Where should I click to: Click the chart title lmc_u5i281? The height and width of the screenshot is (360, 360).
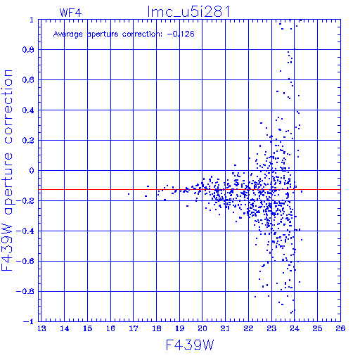pos(188,12)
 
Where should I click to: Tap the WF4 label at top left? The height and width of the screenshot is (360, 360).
pos(70,13)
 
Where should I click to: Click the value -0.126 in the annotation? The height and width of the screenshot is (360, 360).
pos(181,34)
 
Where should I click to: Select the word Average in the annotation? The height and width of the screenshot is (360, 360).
pos(67,34)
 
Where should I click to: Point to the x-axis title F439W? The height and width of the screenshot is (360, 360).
pos(190,345)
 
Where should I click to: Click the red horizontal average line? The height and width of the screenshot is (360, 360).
pos(189,189)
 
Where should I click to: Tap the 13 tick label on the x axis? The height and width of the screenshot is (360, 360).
pos(41,328)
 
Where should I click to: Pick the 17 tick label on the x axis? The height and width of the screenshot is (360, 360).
pos(134,328)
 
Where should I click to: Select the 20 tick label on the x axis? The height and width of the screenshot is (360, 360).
pos(202,328)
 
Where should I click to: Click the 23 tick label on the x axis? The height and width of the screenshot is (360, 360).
pos(271,328)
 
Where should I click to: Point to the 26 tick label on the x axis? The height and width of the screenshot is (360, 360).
pos(340,328)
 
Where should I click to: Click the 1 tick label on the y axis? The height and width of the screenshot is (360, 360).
pos(32,20)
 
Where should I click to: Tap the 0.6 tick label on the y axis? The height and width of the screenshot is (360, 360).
pos(28,80)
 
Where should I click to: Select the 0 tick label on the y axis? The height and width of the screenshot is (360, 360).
pos(32,170)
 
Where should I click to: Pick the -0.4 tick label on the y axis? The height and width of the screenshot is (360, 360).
pos(25,231)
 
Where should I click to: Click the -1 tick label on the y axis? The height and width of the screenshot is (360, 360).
pos(29,321)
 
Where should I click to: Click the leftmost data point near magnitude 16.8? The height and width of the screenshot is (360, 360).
pos(129,194)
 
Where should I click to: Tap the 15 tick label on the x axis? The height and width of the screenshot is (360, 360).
pos(88,328)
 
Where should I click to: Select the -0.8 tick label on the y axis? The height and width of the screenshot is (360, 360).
pos(25,291)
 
